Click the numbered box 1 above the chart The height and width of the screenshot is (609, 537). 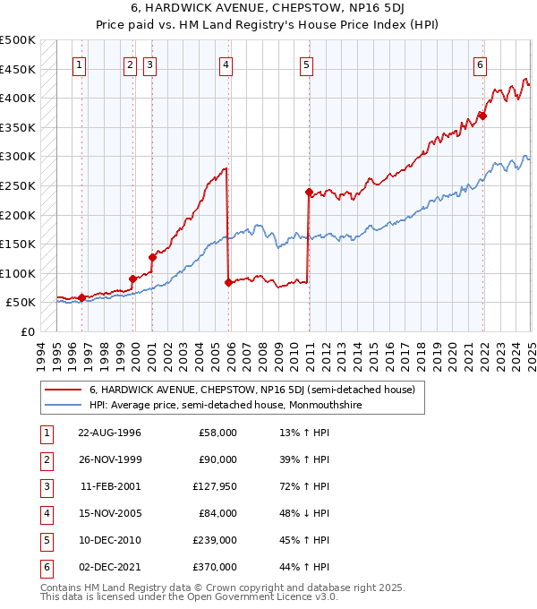[81, 64]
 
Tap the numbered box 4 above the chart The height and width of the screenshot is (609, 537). [226, 64]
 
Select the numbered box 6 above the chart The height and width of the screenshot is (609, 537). [481, 64]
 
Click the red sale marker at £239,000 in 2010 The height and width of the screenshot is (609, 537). [309, 192]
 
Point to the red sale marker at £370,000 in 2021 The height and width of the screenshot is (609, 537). [482, 116]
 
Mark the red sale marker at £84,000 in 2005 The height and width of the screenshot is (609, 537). [228, 282]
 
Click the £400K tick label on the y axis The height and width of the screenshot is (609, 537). [19, 98]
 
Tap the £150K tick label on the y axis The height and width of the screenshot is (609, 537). [19, 244]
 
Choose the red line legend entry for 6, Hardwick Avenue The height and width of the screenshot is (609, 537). [251, 390]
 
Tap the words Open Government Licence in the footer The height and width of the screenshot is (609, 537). [263, 597]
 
